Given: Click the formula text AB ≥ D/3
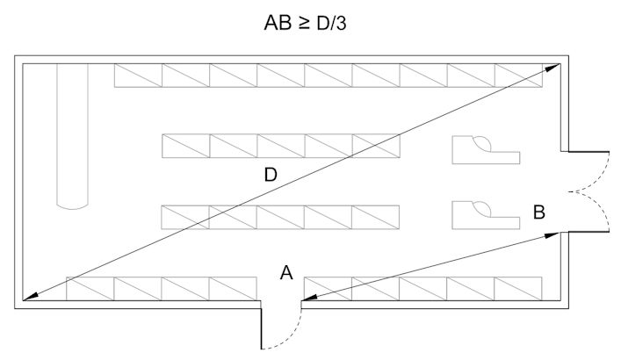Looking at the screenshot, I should pyautogui.click(x=308, y=23).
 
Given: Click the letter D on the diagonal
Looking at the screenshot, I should pyautogui.click(x=271, y=175).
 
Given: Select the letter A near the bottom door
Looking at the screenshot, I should pyautogui.click(x=285, y=273).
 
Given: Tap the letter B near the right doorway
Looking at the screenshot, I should pyautogui.click(x=538, y=212).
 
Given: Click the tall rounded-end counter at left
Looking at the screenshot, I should pyautogui.click(x=72, y=136).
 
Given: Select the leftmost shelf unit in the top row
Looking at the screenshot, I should pyautogui.click(x=138, y=76).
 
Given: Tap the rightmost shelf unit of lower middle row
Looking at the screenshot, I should pyautogui.click(x=376, y=216).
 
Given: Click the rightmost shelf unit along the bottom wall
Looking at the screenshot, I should pyautogui.click(x=518, y=288).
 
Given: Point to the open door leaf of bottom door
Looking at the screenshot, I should pyautogui.click(x=262, y=325).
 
